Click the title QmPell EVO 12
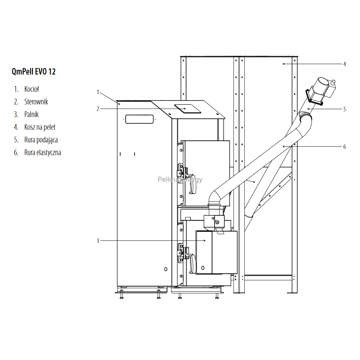tap(33, 71)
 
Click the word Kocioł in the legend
tap(32, 89)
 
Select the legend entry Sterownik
tap(36, 102)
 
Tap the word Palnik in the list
tap(31, 114)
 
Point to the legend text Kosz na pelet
tap(40, 127)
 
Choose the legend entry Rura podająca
tap(41, 140)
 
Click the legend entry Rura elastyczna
tap(43, 152)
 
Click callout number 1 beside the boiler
tap(98, 92)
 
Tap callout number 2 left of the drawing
tap(98, 109)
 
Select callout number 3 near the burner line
tap(98, 240)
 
